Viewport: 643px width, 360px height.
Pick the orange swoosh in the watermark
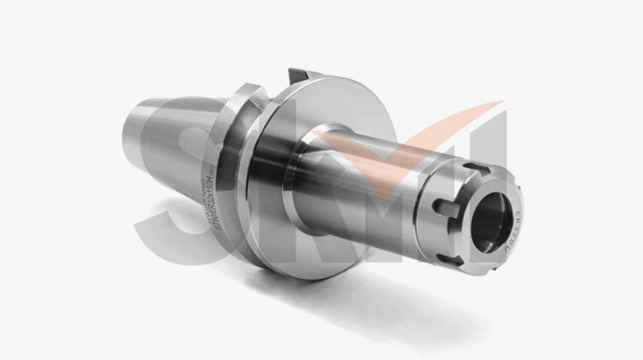click(x=386, y=138)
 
